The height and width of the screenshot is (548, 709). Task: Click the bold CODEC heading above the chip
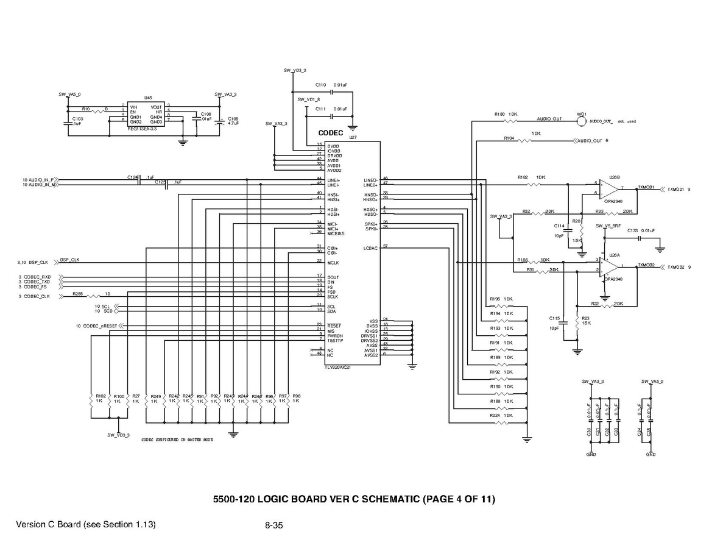pos(331,133)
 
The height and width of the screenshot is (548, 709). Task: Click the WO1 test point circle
pos(581,120)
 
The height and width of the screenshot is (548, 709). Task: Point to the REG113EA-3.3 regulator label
pos(142,129)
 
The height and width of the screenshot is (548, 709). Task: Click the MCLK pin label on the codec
pos(333,262)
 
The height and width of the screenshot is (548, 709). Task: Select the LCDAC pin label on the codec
pos(370,247)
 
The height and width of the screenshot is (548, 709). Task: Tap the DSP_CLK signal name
pos(69,260)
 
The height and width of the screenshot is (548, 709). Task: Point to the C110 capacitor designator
pos(320,85)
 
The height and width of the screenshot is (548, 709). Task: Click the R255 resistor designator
pos(77,293)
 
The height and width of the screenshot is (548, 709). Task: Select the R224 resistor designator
pos(495,415)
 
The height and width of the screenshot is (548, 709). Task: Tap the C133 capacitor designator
pos(632,231)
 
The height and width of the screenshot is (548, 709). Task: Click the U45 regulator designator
pos(148,98)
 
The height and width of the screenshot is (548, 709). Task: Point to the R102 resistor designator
pos(101,396)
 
